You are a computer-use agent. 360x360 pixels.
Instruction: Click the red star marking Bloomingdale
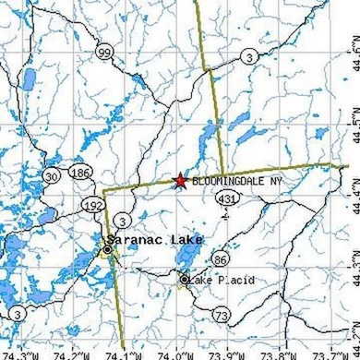point(180,181)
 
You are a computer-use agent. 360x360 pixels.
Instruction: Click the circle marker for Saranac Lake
point(108,248)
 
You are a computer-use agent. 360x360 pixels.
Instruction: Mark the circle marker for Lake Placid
point(184,280)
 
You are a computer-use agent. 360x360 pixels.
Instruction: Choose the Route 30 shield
point(52,176)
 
